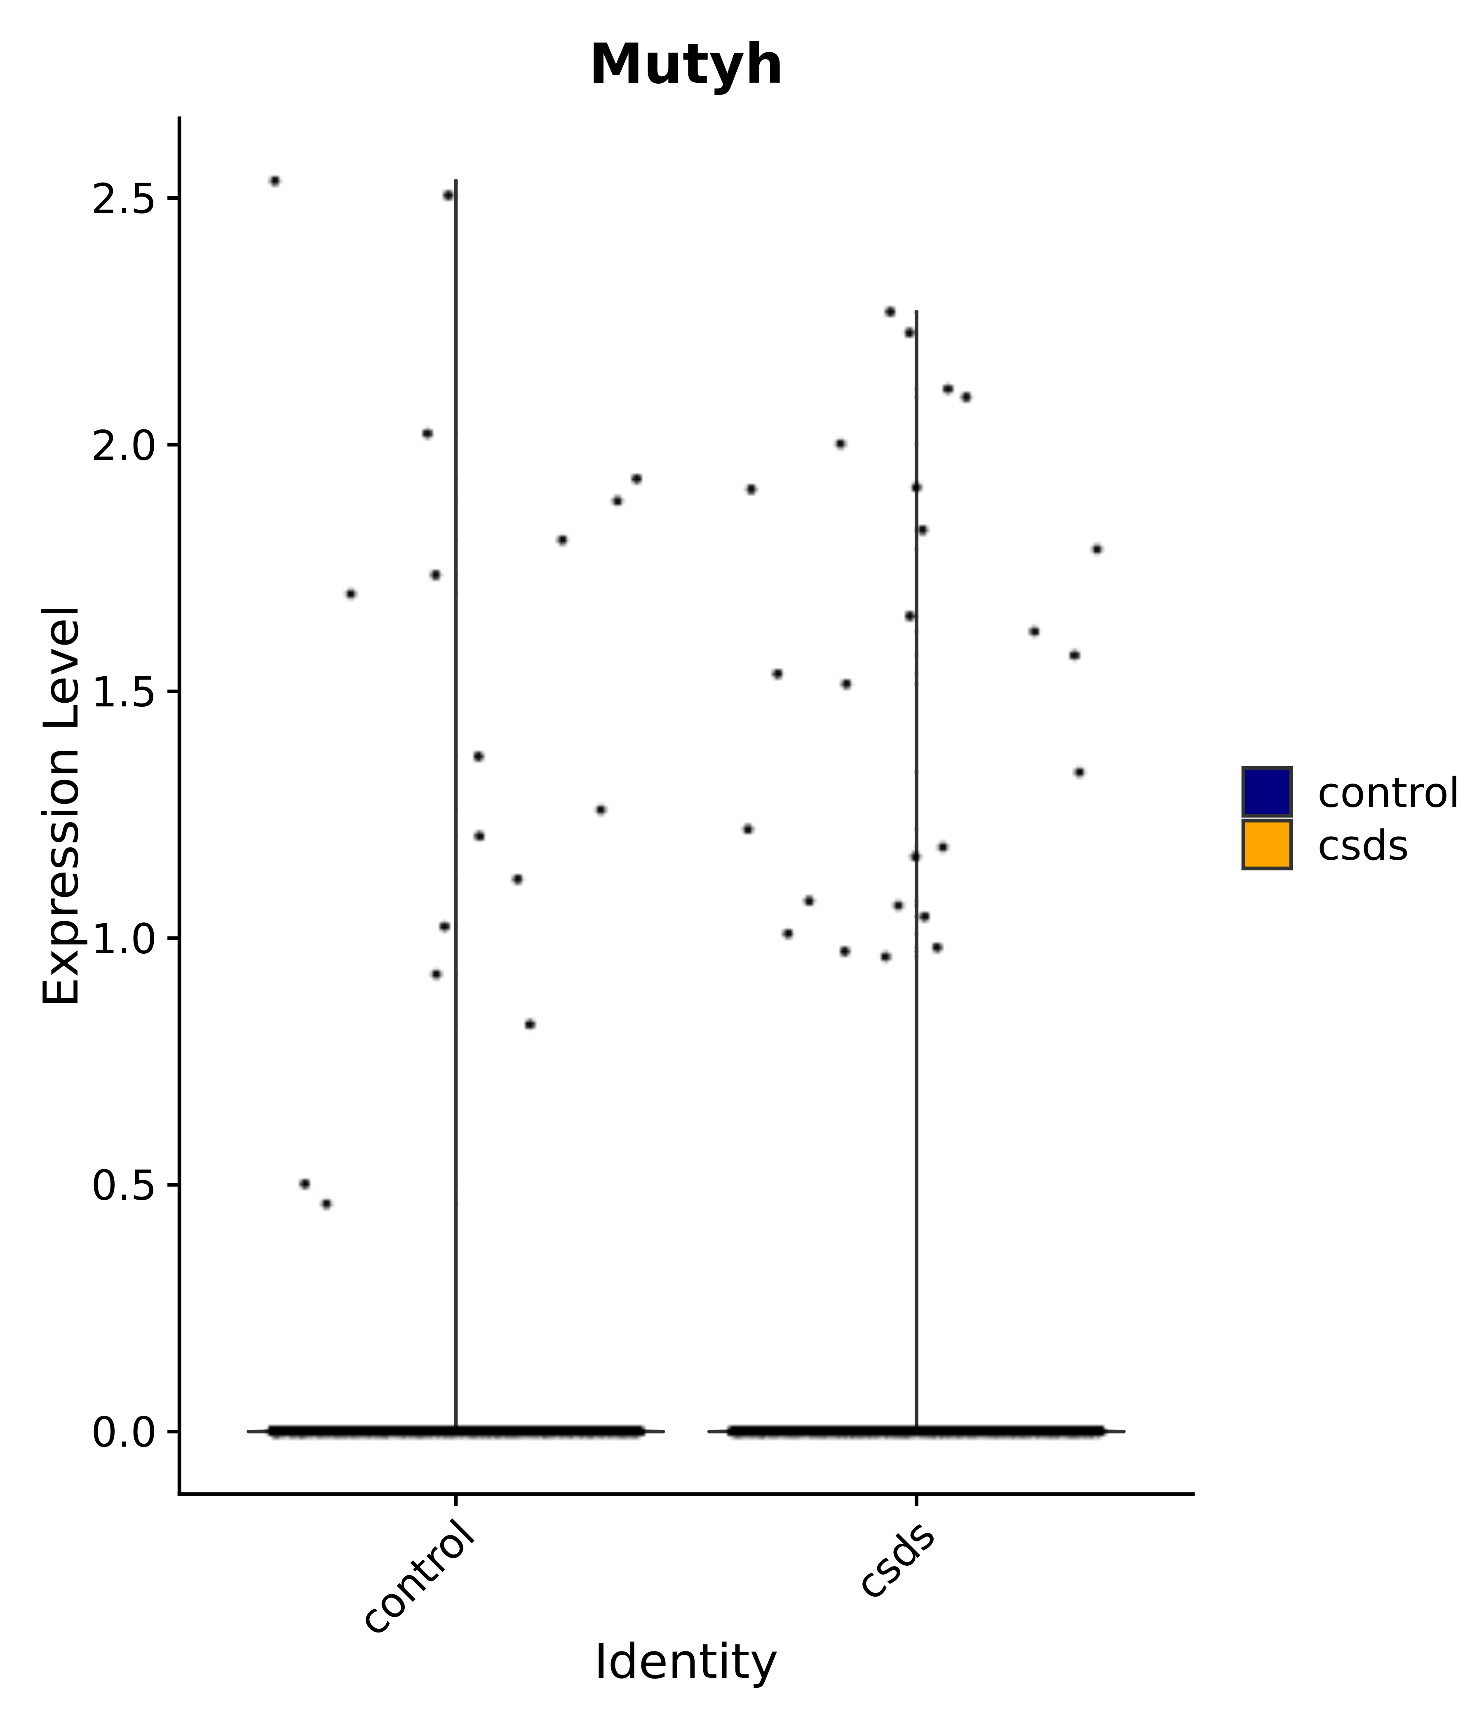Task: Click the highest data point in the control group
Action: pyautogui.click(x=275, y=181)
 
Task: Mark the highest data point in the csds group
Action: pyautogui.click(x=890, y=312)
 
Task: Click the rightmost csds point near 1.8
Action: pyautogui.click(x=1097, y=549)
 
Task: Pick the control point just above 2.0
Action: pyautogui.click(x=427, y=434)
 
